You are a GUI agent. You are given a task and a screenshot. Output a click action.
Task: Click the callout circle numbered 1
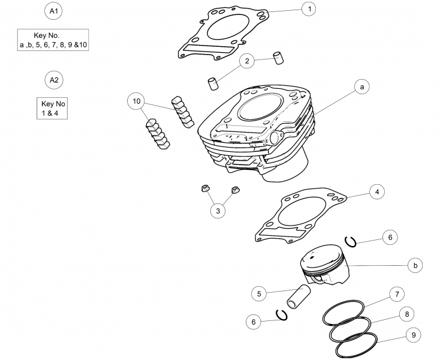309,9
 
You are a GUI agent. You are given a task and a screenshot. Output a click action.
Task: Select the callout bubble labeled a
362,87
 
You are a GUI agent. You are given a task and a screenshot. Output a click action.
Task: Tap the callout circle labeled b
415,265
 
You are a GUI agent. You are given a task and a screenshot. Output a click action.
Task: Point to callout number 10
136,101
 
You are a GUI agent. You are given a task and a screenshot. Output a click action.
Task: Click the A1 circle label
53,11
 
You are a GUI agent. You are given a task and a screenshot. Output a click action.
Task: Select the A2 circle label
54,80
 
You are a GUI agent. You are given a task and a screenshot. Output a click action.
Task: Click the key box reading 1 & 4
52,109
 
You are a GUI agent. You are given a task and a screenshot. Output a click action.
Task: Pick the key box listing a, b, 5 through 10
53,40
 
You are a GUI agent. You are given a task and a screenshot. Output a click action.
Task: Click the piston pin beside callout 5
299,297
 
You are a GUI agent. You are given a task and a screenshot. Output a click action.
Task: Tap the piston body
324,265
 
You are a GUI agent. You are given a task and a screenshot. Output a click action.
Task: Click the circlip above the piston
351,242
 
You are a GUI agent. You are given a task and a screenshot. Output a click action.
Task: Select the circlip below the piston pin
282,315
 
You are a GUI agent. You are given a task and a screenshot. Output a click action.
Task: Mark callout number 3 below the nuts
218,211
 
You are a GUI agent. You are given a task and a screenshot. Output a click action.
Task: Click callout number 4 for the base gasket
377,192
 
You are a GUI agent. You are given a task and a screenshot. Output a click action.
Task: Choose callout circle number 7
397,294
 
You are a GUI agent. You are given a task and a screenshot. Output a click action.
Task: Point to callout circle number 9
414,335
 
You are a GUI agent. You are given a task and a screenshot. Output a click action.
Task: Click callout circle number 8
407,314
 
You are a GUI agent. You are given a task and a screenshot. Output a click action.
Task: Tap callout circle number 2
247,61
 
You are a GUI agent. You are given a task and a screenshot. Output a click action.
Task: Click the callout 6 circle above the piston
390,237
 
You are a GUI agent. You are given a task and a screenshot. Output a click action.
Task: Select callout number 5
259,294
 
